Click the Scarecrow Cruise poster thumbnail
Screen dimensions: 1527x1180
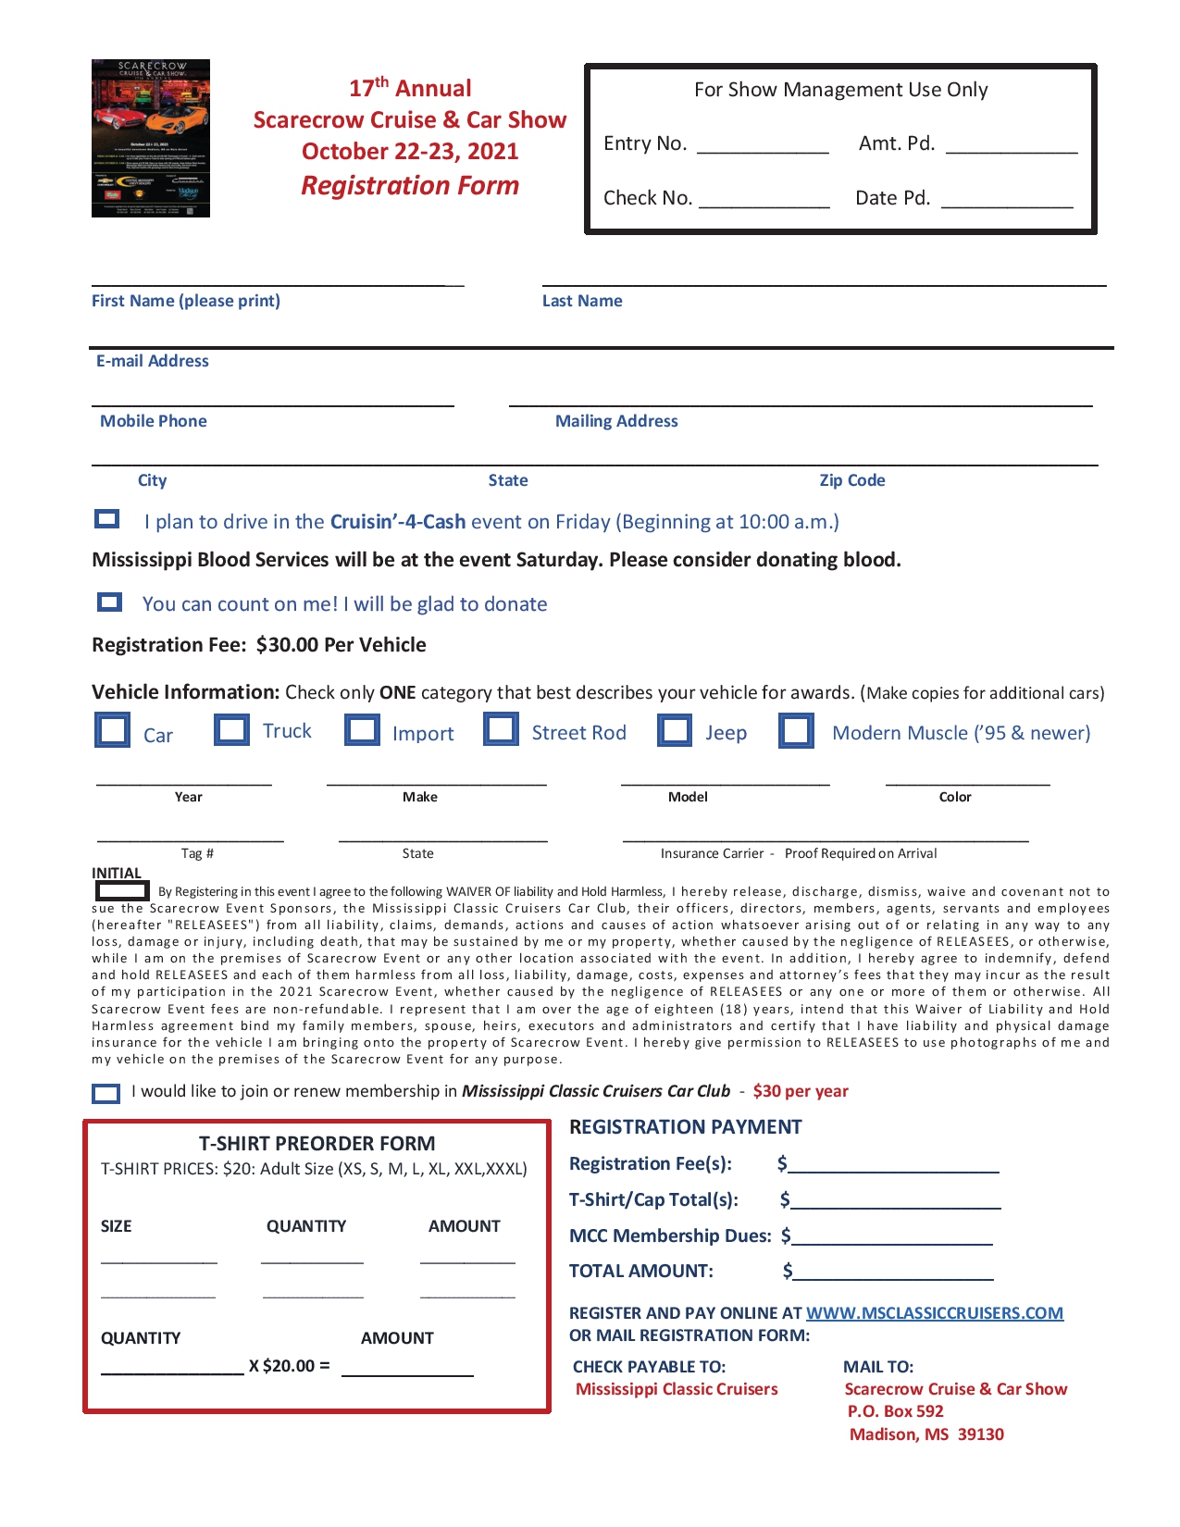click(x=151, y=139)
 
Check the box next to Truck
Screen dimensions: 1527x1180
click(x=231, y=729)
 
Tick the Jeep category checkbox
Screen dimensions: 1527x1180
click(x=675, y=729)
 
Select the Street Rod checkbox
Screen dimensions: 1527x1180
click(x=501, y=728)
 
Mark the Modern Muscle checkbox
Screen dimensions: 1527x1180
click(x=796, y=730)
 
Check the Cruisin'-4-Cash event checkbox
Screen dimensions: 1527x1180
click(x=107, y=519)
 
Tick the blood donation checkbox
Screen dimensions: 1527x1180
click(x=109, y=602)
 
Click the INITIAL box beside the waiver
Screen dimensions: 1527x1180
click(x=122, y=891)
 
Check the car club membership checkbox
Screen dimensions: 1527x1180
click(x=106, y=1094)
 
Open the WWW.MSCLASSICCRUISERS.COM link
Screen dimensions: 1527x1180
click(x=934, y=1312)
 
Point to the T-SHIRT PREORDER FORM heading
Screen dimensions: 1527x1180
click(x=317, y=1143)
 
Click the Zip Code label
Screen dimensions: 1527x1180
click(x=851, y=480)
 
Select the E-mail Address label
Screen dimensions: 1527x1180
click(x=153, y=361)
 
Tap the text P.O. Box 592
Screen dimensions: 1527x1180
click(x=895, y=1411)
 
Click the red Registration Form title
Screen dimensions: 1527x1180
click(x=410, y=186)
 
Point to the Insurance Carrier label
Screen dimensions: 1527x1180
click(x=712, y=853)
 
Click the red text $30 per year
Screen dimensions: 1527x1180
click(x=801, y=1091)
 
